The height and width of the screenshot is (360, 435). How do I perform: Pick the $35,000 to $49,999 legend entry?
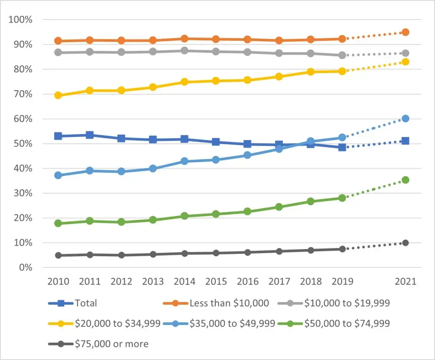(x=232, y=323)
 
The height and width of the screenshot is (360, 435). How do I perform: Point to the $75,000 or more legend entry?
(x=111, y=344)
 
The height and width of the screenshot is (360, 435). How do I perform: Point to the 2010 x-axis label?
(x=58, y=282)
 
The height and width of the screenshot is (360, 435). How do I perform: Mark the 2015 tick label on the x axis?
(x=216, y=282)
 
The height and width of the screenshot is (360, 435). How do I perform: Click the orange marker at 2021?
(x=405, y=32)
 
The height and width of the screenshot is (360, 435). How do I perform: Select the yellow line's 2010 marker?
(x=58, y=95)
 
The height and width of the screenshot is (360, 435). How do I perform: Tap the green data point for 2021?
(x=405, y=180)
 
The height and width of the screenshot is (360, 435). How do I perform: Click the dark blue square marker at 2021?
(x=405, y=141)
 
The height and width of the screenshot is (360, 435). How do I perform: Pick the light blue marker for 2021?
(x=405, y=118)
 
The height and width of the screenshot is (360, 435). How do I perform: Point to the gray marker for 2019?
(x=342, y=55)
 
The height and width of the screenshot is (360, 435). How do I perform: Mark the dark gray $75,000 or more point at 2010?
(x=58, y=255)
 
